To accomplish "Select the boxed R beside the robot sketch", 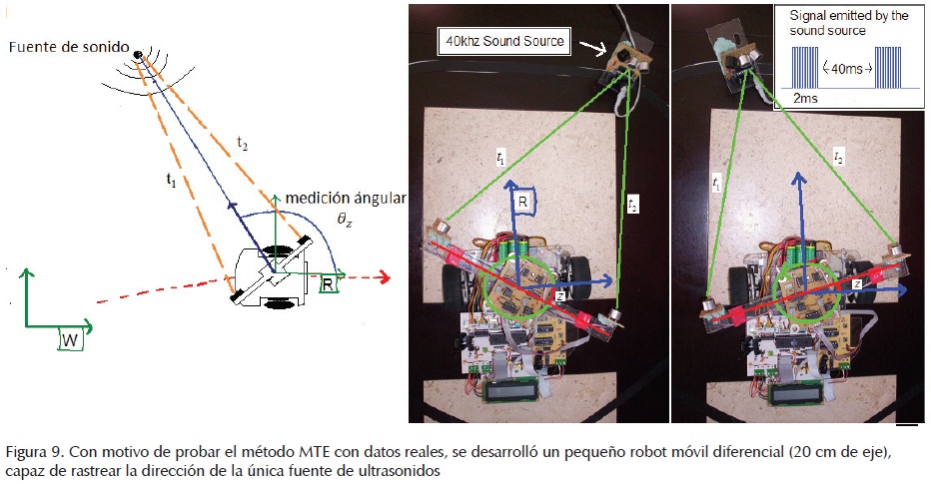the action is click(x=327, y=284).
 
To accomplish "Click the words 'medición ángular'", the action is click(x=346, y=200).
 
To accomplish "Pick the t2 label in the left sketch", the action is click(x=242, y=145).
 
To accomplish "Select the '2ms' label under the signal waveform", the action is click(x=805, y=100).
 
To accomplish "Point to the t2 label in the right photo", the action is click(x=840, y=159).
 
